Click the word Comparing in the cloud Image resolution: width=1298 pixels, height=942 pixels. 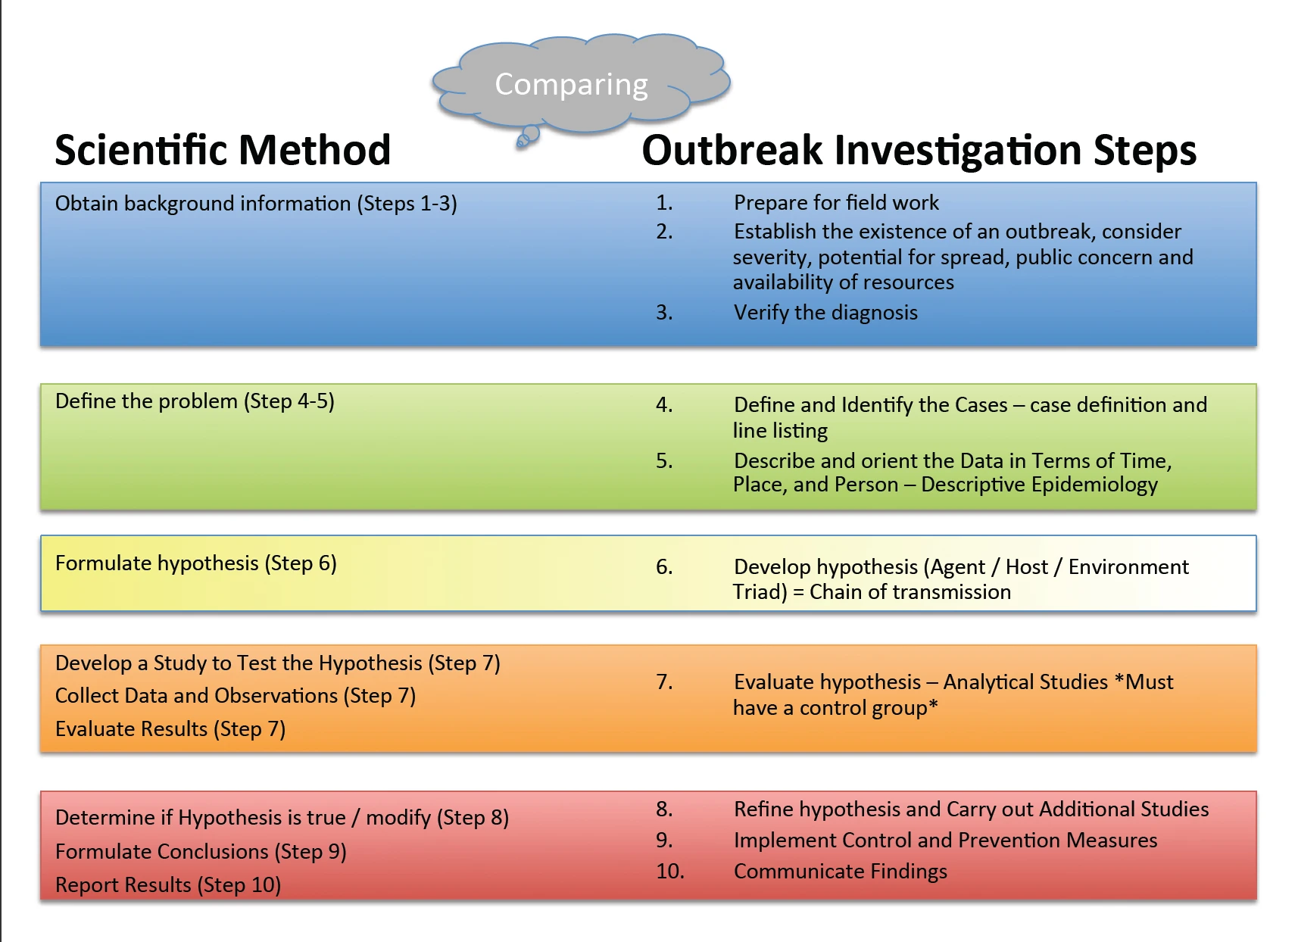(x=571, y=85)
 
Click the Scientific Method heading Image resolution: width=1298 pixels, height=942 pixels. (x=223, y=150)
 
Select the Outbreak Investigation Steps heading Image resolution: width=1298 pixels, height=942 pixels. (x=919, y=150)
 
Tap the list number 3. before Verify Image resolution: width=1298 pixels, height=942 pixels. (x=664, y=313)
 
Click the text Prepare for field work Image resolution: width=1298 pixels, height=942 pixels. (x=835, y=203)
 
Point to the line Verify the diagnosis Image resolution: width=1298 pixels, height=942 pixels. (x=825, y=313)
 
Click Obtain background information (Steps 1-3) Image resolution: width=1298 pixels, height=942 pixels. (x=256, y=204)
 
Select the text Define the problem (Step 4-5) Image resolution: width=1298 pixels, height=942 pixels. (x=195, y=401)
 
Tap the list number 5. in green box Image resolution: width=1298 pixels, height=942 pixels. (x=664, y=461)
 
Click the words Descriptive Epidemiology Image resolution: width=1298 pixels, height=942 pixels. (x=1039, y=485)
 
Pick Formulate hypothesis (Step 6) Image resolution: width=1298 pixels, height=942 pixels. (x=195, y=563)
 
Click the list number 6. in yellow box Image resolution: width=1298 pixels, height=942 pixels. (x=664, y=567)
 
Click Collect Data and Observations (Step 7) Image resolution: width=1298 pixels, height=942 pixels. (x=235, y=696)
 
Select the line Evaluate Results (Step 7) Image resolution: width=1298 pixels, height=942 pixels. (x=170, y=729)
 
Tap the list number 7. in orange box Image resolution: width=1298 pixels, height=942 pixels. (x=664, y=682)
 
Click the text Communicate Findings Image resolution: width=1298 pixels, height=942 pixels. (x=840, y=872)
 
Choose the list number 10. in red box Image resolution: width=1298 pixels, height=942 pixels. (x=669, y=872)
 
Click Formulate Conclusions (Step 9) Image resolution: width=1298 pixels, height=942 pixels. (x=201, y=852)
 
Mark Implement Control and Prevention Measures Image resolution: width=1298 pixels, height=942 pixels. (x=945, y=841)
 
